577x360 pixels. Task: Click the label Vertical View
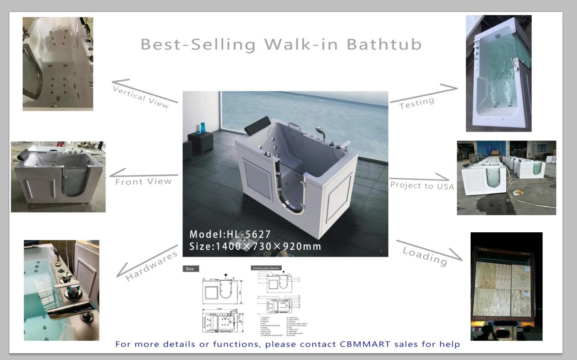click(x=141, y=97)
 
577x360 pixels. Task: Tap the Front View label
click(x=143, y=181)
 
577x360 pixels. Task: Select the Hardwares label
click(x=151, y=266)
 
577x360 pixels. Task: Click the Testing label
click(x=416, y=103)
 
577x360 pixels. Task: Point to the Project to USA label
click(x=422, y=186)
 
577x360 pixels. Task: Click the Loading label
click(x=425, y=255)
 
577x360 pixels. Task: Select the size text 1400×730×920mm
click(x=268, y=246)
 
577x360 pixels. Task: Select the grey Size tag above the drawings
click(x=190, y=269)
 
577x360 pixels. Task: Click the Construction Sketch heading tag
click(x=266, y=268)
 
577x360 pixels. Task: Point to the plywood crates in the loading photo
click(x=503, y=288)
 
